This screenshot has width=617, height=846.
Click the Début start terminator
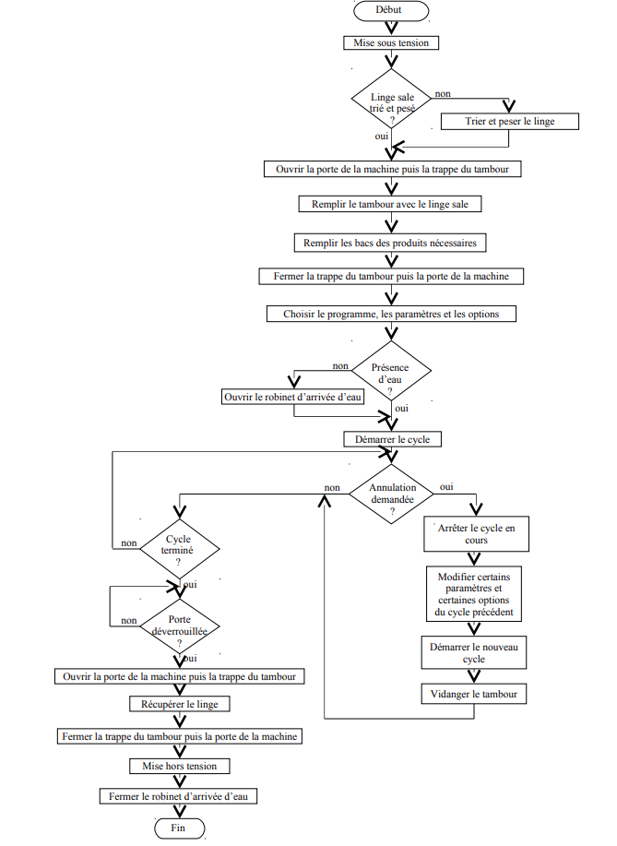pyautogui.click(x=391, y=10)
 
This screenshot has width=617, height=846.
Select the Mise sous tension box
pyautogui.click(x=391, y=42)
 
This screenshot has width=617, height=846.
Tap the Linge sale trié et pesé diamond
pyautogui.click(x=392, y=99)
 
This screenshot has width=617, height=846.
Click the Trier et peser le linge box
pyautogui.click(x=510, y=122)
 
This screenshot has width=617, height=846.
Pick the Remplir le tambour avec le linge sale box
pyautogui.click(x=390, y=204)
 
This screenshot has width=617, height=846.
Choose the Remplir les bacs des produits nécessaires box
pyautogui.click(x=390, y=243)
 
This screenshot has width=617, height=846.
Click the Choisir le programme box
pyautogui.click(x=391, y=314)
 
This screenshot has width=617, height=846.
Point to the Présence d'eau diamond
pyautogui.click(x=391, y=371)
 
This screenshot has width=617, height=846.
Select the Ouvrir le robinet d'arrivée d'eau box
pyautogui.click(x=293, y=397)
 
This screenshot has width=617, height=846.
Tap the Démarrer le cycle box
pyautogui.click(x=393, y=439)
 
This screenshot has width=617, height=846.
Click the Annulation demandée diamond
pyautogui.click(x=392, y=494)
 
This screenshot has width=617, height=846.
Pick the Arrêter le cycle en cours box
pyautogui.click(x=476, y=534)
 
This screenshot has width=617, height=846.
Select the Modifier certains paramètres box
pyautogui.click(x=474, y=594)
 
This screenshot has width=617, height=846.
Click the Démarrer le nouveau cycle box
pyautogui.click(x=474, y=653)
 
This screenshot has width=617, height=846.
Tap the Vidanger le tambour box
pyautogui.click(x=474, y=694)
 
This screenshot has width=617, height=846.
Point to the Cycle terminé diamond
pyautogui.click(x=180, y=549)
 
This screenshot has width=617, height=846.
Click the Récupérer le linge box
pyautogui.click(x=180, y=704)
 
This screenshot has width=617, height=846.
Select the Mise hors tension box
pyautogui.click(x=180, y=766)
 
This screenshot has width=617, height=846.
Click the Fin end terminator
pyautogui.click(x=180, y=828)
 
